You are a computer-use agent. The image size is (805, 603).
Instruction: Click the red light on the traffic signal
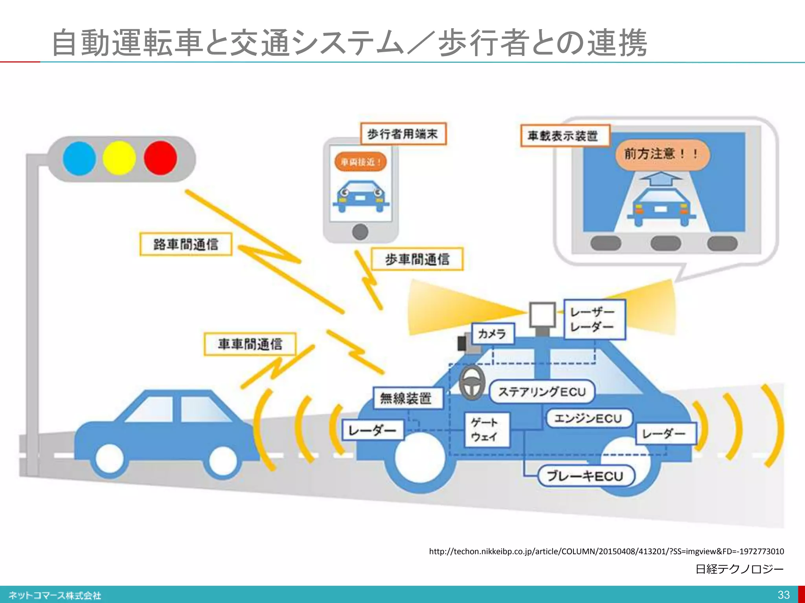tap(160, 158)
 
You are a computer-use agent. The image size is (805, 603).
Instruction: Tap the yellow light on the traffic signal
tap(119, 158)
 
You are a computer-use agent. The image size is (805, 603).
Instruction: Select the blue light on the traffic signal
tap(79, 158)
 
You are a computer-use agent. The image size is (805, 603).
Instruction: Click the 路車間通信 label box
tap(186, 244)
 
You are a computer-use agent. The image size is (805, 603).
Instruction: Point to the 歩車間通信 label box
tap(417, 259)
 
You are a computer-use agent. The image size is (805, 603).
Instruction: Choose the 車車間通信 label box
tap(250, 344)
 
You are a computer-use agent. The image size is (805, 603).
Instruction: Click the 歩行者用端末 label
tap(403, 134)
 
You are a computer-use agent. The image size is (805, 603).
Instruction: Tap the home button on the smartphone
tap(360, 232)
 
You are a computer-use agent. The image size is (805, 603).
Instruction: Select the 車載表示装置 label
tap(564, 136)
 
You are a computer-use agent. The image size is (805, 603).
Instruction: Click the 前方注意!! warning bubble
tap(662, 154)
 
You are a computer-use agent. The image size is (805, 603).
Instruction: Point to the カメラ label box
tap(493, 334)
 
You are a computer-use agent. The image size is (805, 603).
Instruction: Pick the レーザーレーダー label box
tap(594, 319)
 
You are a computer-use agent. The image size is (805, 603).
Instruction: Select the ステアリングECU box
tap(542, 391)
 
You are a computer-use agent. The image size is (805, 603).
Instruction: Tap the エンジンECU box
tap(588, 418)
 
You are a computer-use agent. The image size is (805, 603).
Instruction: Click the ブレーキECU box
tap(586, 476)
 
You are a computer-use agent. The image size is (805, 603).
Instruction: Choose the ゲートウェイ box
tap(487, 429)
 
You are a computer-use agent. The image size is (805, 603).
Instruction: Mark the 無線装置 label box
tap(407, 398)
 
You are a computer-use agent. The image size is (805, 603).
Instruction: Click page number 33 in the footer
tap(783, 594)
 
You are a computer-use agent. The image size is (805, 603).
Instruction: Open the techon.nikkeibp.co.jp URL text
tap(606, 551)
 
